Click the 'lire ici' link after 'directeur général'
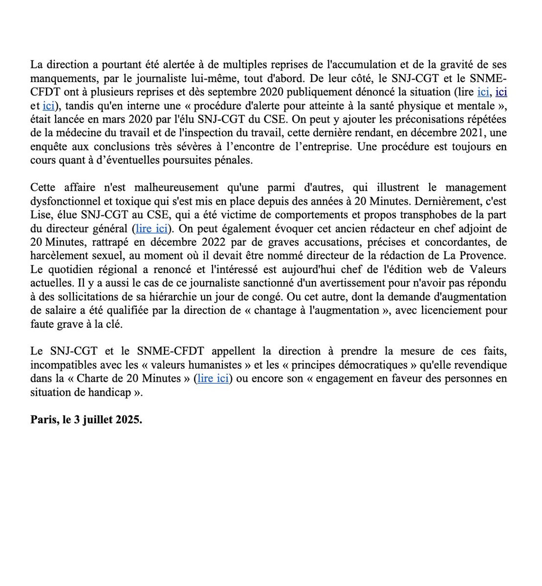click(x=152, y=229)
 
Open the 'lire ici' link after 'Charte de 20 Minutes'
click(x=213, y=378)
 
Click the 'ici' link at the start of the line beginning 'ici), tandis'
click(x=48, y=105)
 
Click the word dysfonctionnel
click(x=66, y=201)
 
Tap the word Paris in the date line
click(x=43, y=419)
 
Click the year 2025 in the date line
click(x=128, y=419)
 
